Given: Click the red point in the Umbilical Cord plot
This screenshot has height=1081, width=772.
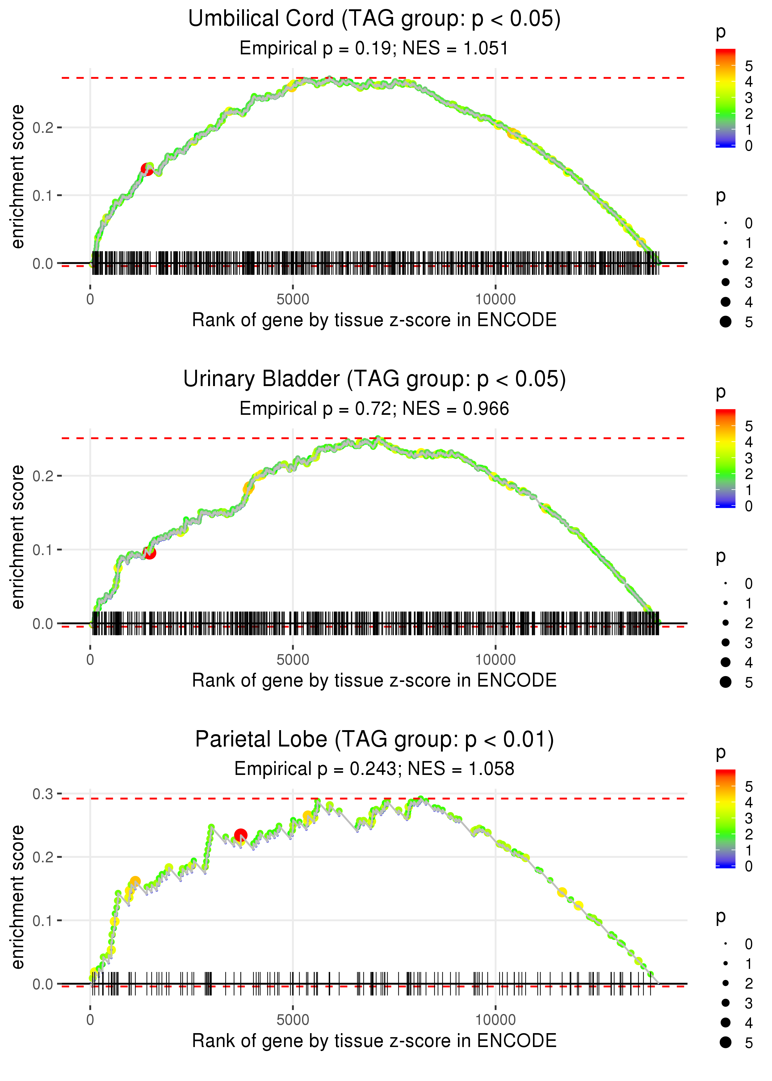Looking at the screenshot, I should point(147,169).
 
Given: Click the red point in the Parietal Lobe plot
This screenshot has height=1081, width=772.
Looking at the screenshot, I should point(241,835).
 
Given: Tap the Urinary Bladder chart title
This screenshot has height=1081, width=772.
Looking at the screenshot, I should point(374,379).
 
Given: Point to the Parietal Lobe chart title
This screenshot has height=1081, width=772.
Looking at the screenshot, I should point(374,739).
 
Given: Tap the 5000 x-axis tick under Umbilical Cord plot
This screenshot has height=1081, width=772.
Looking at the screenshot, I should point(293,300).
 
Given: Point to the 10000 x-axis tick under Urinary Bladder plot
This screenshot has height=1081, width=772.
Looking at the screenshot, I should point(495,660).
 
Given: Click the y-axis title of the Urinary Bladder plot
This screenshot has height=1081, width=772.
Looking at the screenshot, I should point(18,537).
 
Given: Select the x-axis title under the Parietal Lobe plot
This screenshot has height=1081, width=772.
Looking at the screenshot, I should point(374,1041).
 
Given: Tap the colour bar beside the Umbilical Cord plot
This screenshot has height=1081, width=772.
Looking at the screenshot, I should point(725,98).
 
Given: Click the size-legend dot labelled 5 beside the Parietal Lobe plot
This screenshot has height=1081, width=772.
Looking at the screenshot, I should point(725,1042).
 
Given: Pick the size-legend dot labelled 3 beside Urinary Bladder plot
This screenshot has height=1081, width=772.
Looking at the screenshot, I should point(725,642).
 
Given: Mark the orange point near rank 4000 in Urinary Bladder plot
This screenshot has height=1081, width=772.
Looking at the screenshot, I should point(249,488).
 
